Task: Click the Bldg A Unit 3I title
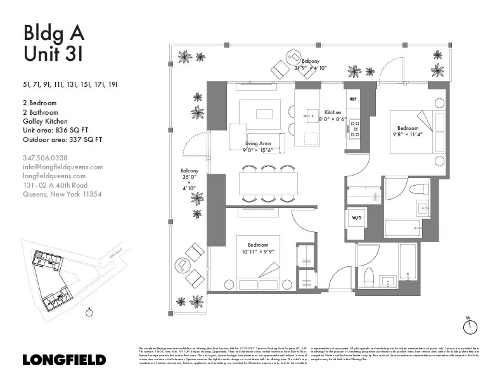point(53,43)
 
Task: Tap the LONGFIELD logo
point(63,359)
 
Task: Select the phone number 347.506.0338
point(45,158)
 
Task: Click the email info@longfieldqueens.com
point(62,167)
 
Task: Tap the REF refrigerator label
point(353,100)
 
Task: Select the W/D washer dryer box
point(356,218)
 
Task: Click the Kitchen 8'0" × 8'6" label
point(332,115)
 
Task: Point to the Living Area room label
point(257,147)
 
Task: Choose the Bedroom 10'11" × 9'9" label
point(257,248)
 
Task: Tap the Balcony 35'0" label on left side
point(190,179)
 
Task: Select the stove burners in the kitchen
point(353,129)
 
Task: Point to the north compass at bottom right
point(470,325)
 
